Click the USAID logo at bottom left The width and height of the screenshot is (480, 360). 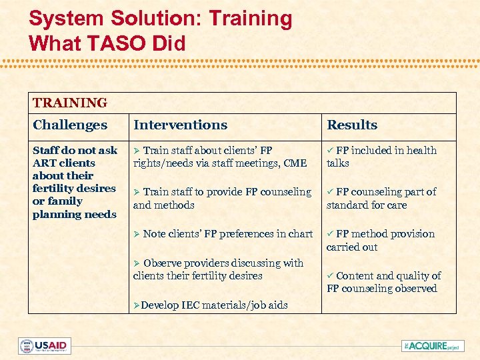(x=44, y=346)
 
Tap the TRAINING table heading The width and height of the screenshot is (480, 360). (x=70, y=103)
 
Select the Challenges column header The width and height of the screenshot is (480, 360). (x=70, y=125)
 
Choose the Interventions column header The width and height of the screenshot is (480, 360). (x=180, y=125)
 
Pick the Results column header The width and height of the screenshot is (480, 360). (x=352, y=125)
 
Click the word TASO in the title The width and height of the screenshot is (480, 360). (x=111, y=43)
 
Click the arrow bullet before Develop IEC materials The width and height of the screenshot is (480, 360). (x=137, y=305)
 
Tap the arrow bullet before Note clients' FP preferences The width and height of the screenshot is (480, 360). (x=137, y=234)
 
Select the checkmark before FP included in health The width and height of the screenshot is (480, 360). (x=330, y=151)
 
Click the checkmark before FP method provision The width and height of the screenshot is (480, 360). (x=330, y=234)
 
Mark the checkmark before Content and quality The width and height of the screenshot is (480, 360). (x=330, y=276)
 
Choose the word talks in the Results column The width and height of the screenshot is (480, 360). (x=338, y=163)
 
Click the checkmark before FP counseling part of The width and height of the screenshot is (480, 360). (x=330, y=192)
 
